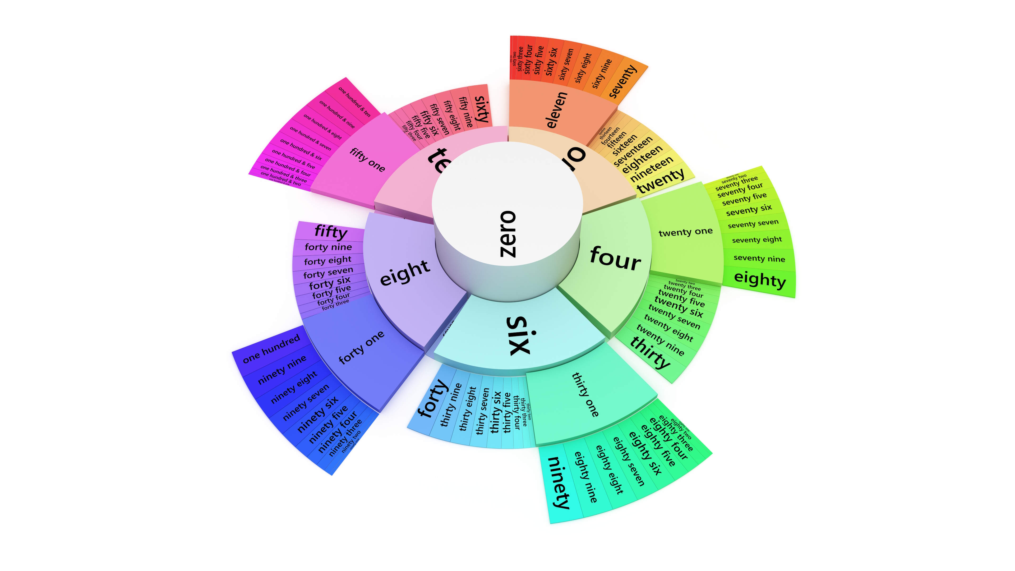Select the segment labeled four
(x=615, y=258)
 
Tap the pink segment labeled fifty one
(x=367, y=160)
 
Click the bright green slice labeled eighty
(x=760, y=280)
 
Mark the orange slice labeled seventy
(x=622, y=81)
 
